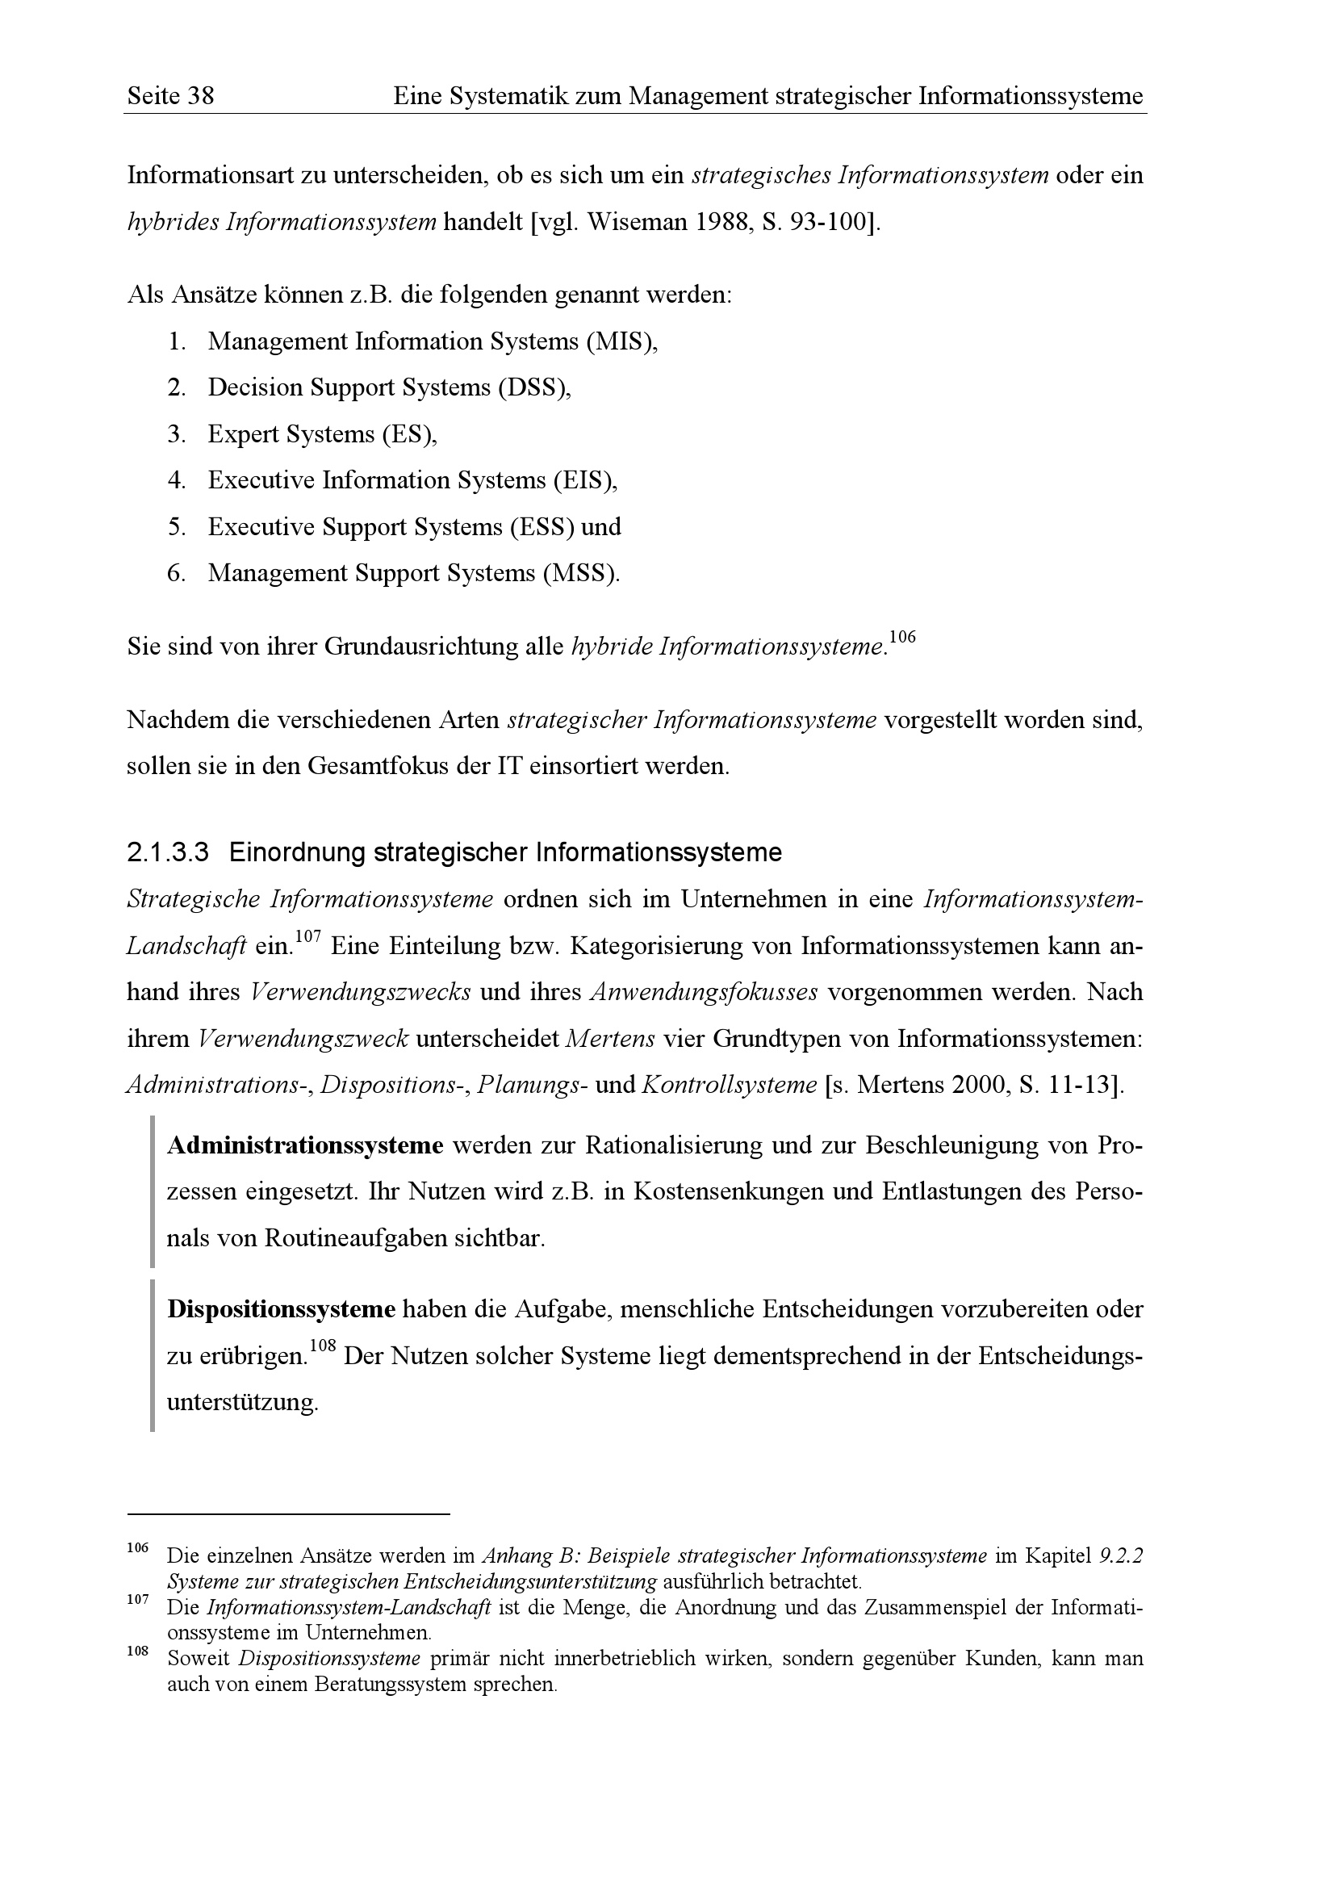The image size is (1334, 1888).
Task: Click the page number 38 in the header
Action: pos(199,96)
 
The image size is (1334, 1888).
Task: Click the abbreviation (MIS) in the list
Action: pos(621,341)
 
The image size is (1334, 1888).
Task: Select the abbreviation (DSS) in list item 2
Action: pos(533,387)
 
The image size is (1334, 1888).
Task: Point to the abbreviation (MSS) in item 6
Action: pos(580,573)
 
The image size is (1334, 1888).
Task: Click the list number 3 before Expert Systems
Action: pos(176,434)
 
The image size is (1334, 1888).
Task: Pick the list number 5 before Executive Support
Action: pos(176,527)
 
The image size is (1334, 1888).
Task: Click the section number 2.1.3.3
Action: pos(168,852)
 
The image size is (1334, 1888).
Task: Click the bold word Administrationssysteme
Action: pos(305,1145)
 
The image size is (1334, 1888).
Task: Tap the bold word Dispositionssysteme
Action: pos(281,1309)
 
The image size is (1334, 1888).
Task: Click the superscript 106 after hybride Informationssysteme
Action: pos(901,636)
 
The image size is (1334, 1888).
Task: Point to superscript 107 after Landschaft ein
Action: pos(307,936)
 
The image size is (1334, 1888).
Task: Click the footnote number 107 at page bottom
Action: pos(137,1599)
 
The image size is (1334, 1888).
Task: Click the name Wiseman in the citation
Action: pos(633,222)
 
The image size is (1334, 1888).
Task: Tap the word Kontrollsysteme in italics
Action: pos(728,1086)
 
